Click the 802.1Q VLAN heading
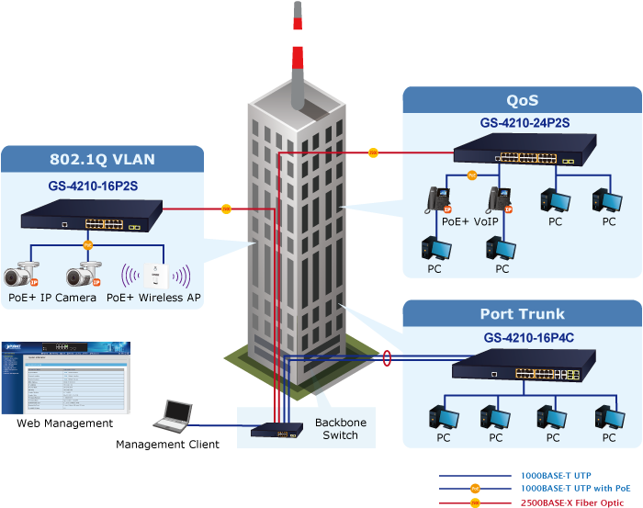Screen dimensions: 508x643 [102, 159]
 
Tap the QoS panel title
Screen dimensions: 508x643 [522, 100]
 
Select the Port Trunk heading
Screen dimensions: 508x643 [522, 314]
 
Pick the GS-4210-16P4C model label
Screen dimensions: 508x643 [523, 337]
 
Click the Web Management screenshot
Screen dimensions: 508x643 [64, 378]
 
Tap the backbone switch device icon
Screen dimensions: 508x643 [275, 430]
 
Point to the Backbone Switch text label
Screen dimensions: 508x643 [339, 427]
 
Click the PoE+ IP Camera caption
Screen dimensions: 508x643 [52, 298]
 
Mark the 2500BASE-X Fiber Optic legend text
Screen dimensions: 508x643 [576, 502]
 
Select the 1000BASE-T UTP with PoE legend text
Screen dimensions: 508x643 [576, 489]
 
